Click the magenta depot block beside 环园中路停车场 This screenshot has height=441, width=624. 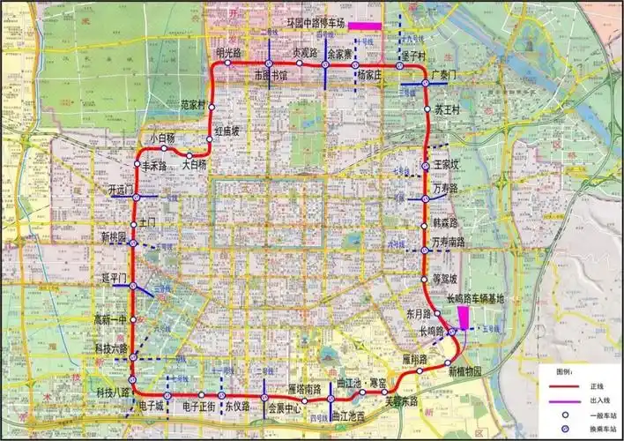[x=364, y=26]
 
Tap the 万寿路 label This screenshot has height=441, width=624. [x=446, y=190]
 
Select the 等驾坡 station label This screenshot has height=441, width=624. [x=444, y=280]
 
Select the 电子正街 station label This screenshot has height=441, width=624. [x=199, y=407]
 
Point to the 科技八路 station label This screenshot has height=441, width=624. [x=113, y=391]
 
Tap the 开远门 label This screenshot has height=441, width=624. [x=120, y=190]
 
